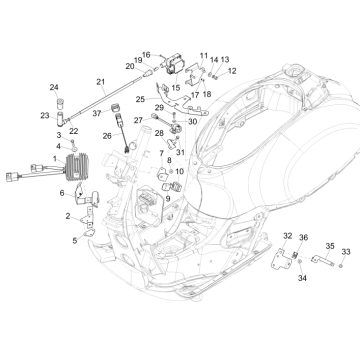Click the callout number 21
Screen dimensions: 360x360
[x=100, y=81]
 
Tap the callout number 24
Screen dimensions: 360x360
[x=55, y=88]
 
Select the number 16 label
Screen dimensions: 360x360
[x=147, y=55]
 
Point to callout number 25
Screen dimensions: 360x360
[x=141, y=99]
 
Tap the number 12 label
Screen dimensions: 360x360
[x=231, y=71]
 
